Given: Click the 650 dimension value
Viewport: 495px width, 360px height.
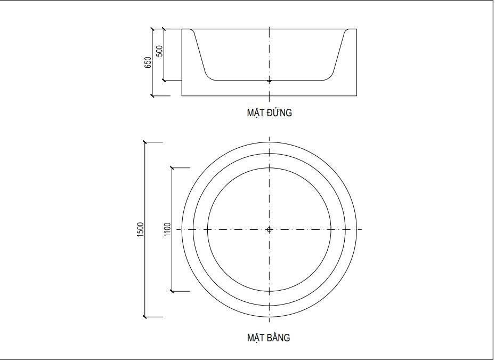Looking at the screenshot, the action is click(148, 62).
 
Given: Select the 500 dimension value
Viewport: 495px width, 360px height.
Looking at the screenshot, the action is click(160, 51).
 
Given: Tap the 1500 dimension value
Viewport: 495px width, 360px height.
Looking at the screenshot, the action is click(140, 230).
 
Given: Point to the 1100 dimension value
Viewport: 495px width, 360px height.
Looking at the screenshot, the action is click(167, 229).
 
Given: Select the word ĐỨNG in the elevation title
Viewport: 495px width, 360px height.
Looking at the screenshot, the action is click(279, 113).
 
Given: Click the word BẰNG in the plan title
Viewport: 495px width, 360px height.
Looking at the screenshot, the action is click(279, 338).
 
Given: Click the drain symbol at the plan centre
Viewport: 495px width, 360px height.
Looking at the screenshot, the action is click(269, 229).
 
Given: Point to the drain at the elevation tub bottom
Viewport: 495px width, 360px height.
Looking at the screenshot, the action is click(269, 81).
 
